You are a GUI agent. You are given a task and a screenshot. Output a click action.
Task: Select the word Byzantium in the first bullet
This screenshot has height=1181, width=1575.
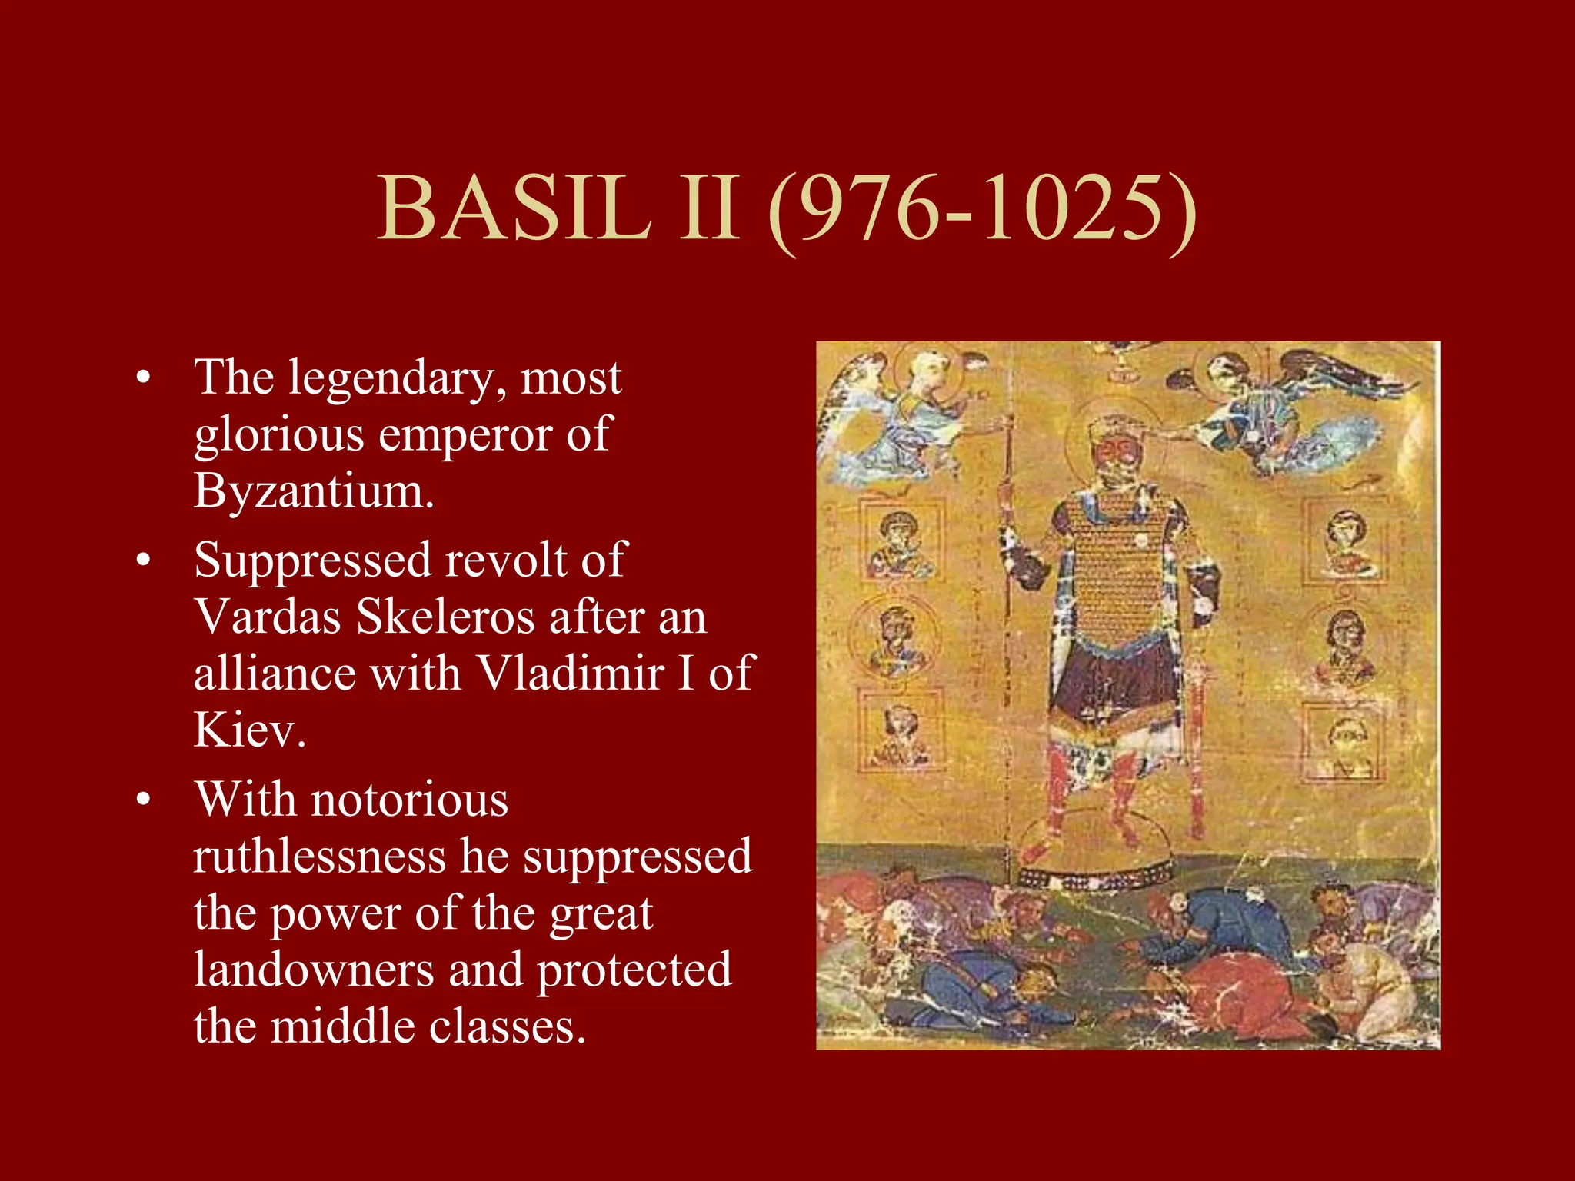point(314,491)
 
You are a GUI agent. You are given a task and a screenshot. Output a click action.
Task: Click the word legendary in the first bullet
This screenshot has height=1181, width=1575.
point(396,378)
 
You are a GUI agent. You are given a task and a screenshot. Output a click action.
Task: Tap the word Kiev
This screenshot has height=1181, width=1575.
point(248,730)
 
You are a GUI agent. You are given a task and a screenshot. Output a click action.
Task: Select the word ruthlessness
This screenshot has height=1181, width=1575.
point(319,856)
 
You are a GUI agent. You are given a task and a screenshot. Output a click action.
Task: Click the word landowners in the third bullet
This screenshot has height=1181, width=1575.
point(314,970)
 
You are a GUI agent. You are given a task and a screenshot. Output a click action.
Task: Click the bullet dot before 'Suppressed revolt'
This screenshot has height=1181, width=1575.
point(143,561)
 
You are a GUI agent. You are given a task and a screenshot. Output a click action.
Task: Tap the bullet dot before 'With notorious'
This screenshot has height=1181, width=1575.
point(143,800)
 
